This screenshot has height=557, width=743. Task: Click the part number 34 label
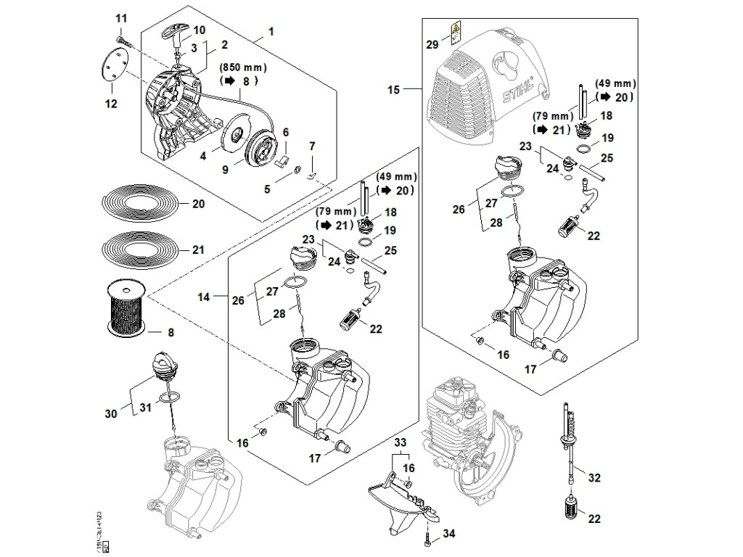(x=449, y=534)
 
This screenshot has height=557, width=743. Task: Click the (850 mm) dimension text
(x=243, y=67)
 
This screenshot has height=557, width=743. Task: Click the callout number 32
(x=594, y=478)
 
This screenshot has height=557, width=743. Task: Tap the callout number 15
(x=395, y=90)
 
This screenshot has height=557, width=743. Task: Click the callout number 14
(x=204, y=297)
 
